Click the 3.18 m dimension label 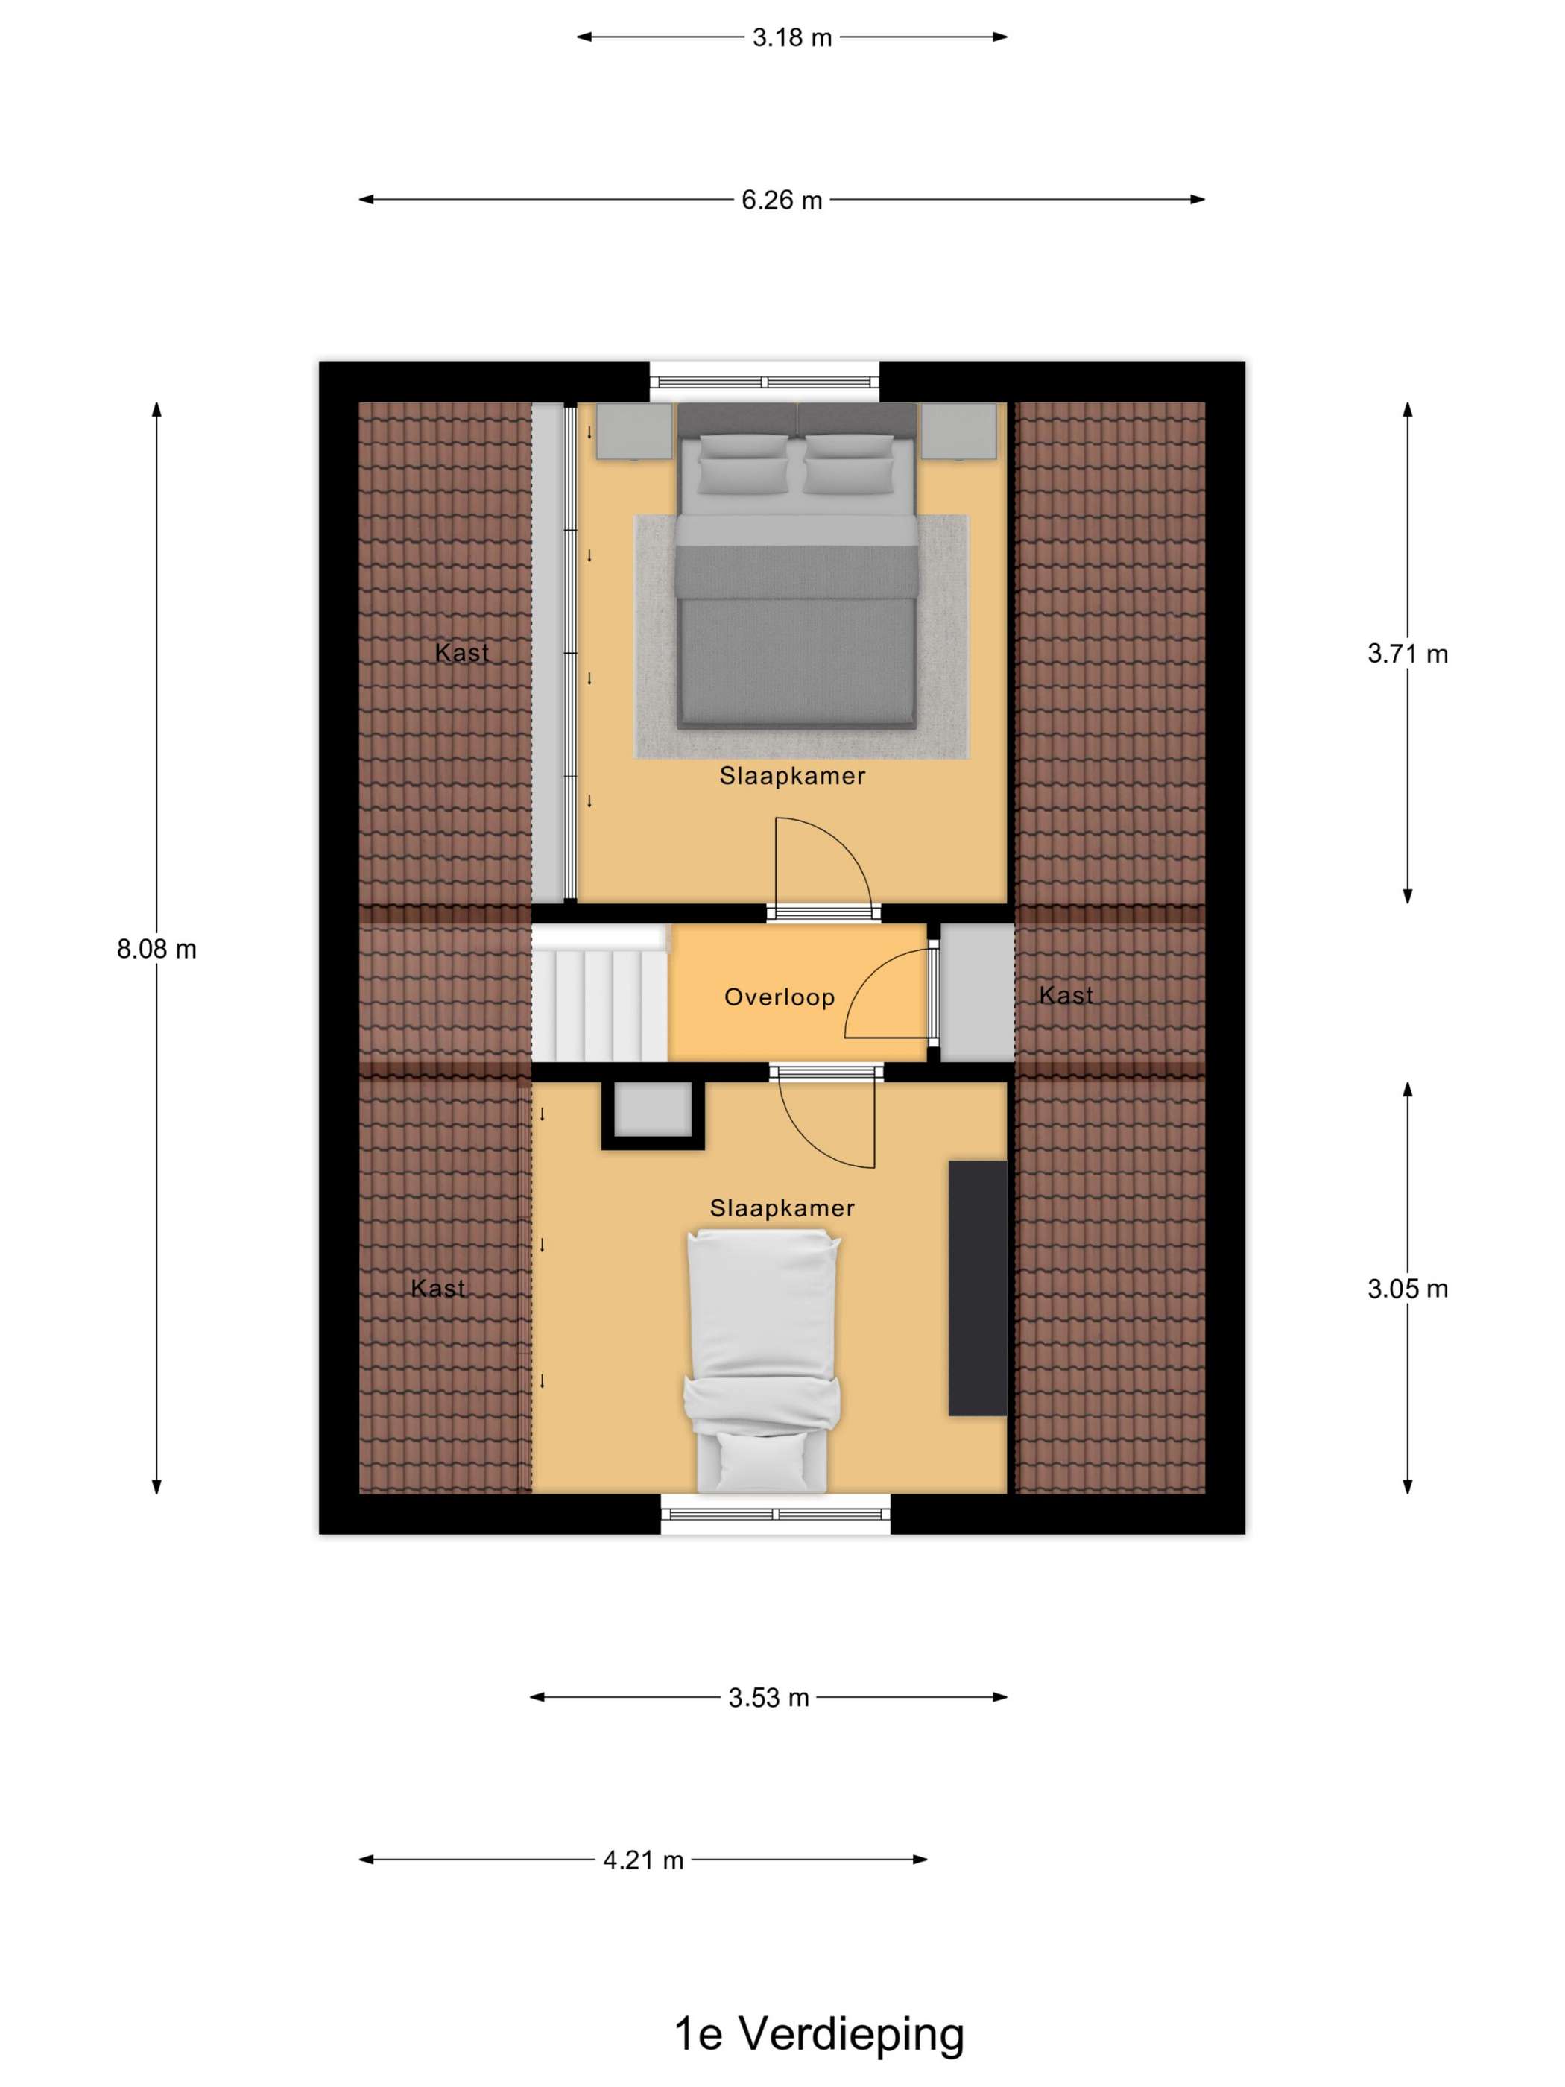coord(791,38)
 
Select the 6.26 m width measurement coord(781,200)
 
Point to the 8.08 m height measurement coord(156,949)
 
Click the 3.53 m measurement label coord(769,1698)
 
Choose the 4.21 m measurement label coord(643,1860)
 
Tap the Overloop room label coord(780,997)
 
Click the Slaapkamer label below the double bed coord(792,776)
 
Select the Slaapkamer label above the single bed coord(782,1207)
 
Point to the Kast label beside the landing coord(1066,994)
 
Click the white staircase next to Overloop coord(600,994)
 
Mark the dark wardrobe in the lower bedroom coord(977,1288)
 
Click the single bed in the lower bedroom coord(762,1360)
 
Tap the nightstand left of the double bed coord(633,431)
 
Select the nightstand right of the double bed coord(958,431)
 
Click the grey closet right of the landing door coord(977,993)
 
